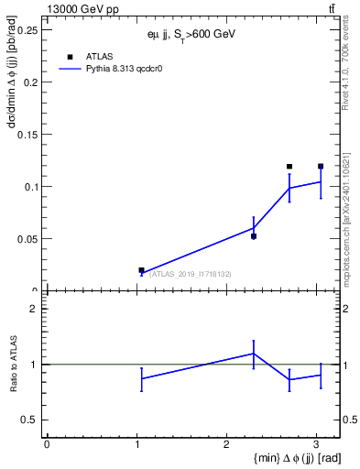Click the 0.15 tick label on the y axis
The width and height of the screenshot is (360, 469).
27,134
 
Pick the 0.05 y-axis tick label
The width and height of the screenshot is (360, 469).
27,239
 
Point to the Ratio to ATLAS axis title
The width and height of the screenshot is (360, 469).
12,364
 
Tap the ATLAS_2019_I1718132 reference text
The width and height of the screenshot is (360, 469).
191,274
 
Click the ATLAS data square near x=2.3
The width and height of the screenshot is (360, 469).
254,236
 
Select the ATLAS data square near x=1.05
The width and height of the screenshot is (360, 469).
141,270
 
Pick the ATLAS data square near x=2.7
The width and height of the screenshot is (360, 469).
289,167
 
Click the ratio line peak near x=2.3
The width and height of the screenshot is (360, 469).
254,354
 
